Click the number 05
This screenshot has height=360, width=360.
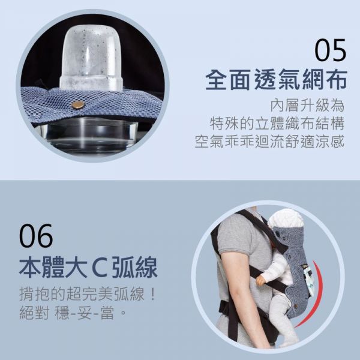pos(331,50)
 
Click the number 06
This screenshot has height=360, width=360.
pos(37,236)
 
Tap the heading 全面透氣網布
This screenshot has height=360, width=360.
pos(275,79)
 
